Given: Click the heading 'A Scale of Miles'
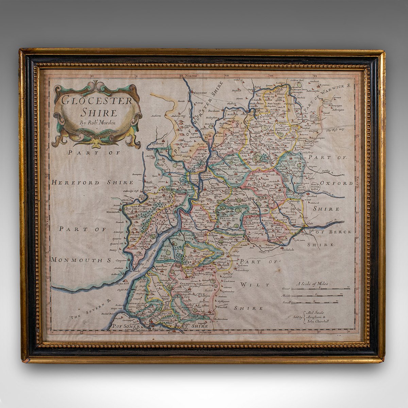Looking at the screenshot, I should (x=313, y=283).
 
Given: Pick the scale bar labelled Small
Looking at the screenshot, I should (x=314, y=302).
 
